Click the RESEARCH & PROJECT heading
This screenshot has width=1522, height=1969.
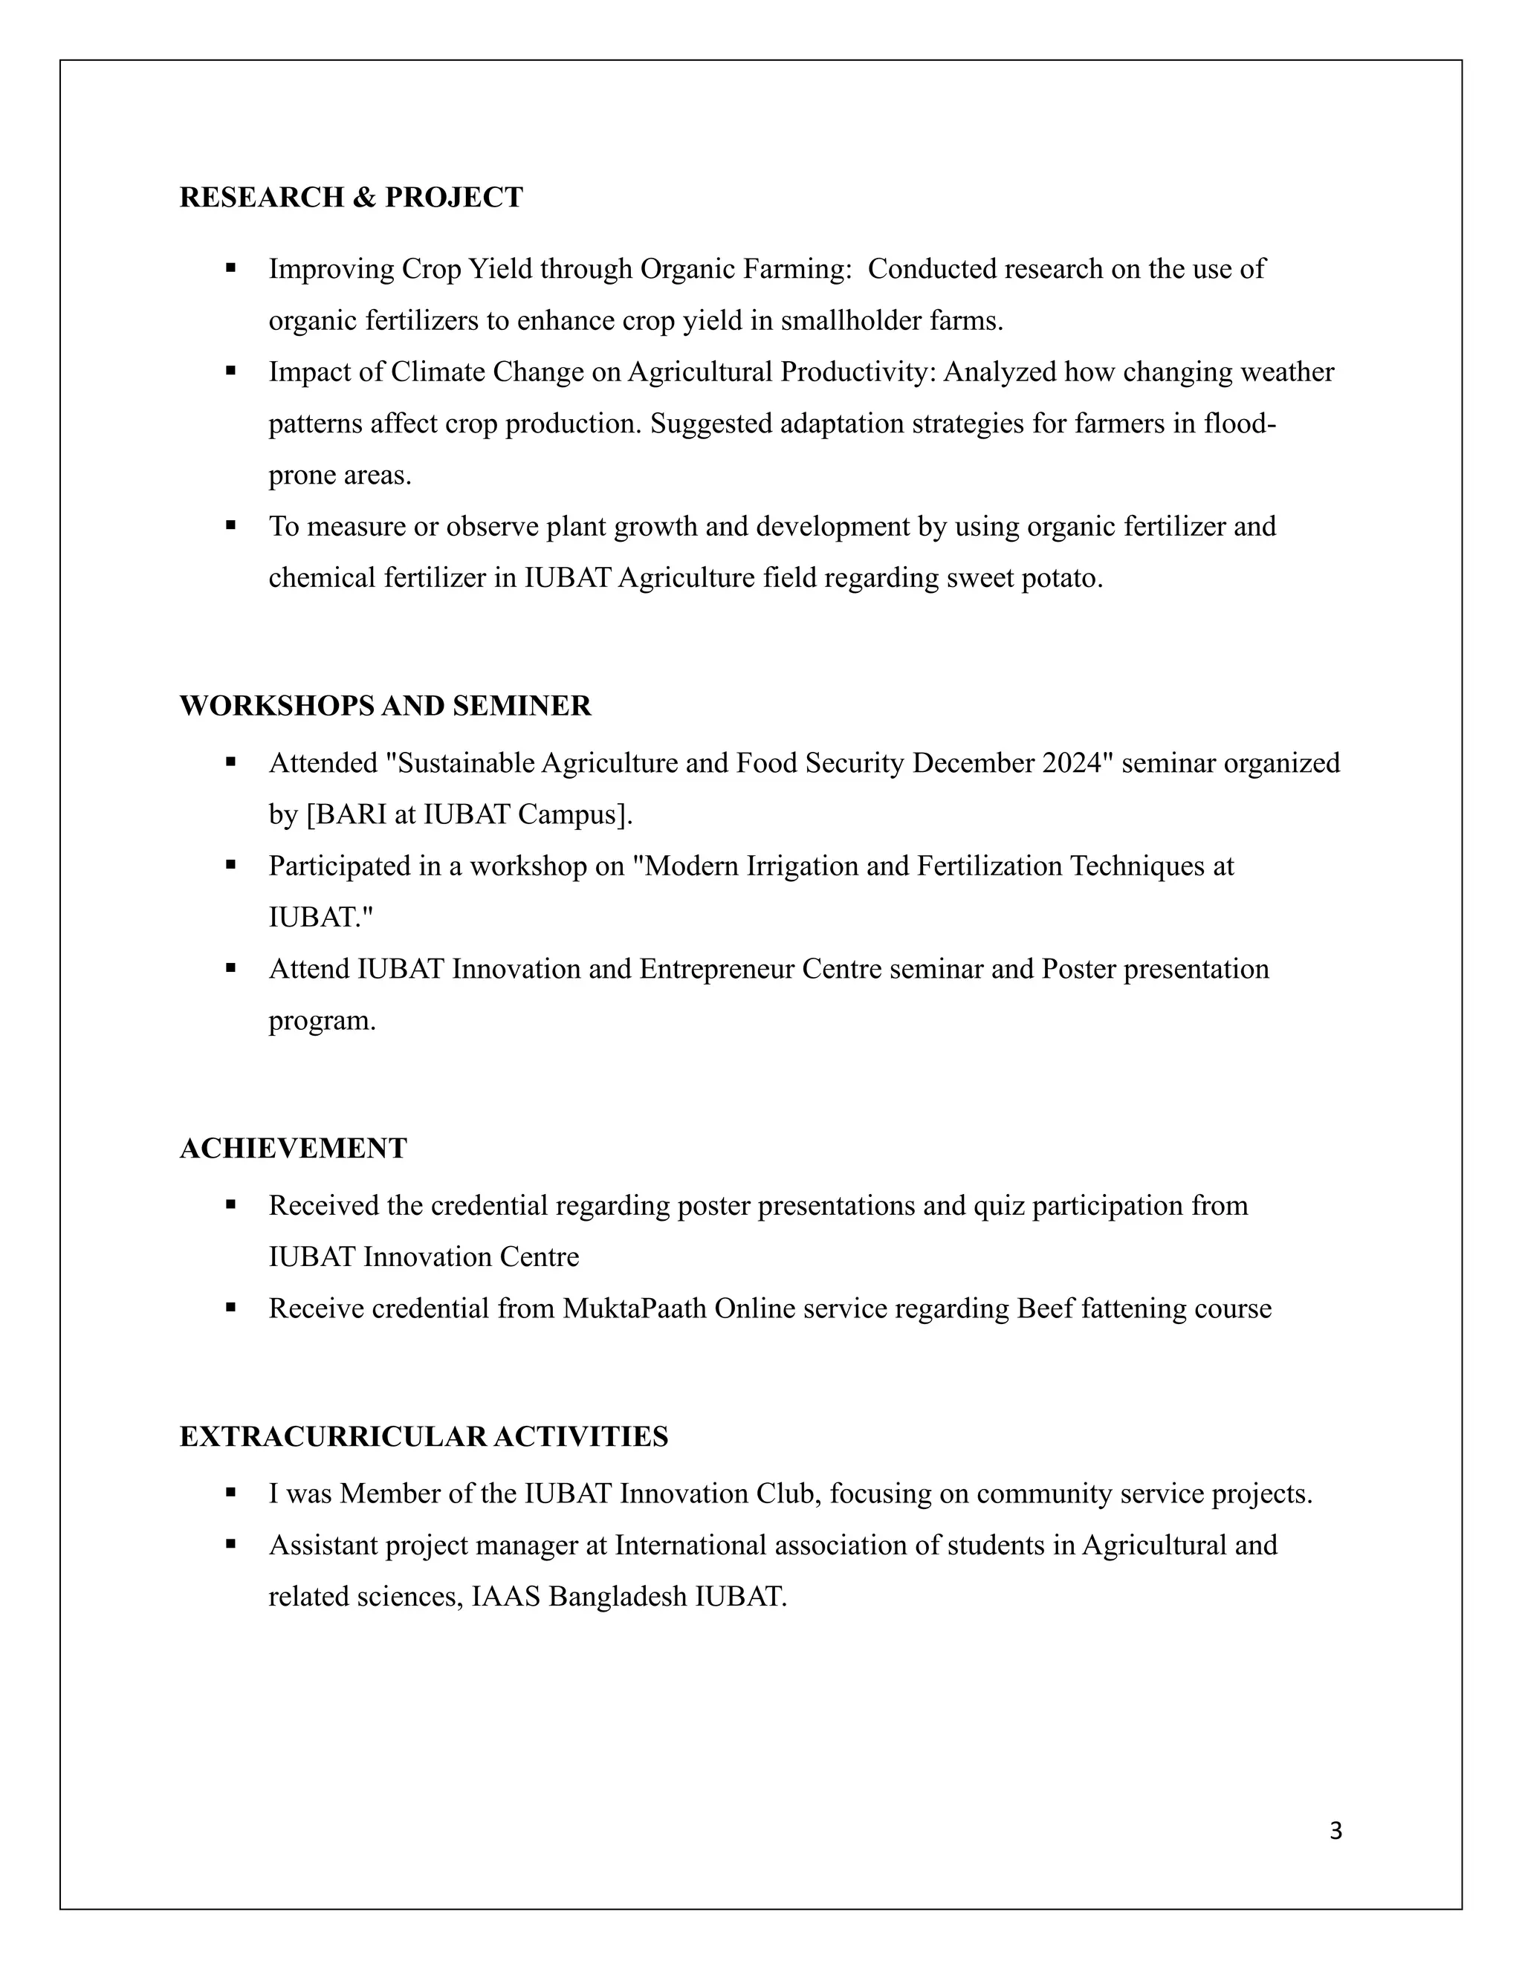(351, 198)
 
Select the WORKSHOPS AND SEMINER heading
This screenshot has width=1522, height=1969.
(385, 706)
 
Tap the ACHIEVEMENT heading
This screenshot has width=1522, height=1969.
(293, 1149)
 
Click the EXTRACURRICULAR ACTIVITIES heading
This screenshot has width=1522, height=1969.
(424, 1437)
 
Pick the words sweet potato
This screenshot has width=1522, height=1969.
(1024, 578)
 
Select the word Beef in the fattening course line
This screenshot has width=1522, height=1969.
(1045, 1309)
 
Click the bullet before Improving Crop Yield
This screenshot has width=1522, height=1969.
(231, 267)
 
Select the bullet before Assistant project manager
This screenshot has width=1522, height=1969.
(231, 1545)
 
